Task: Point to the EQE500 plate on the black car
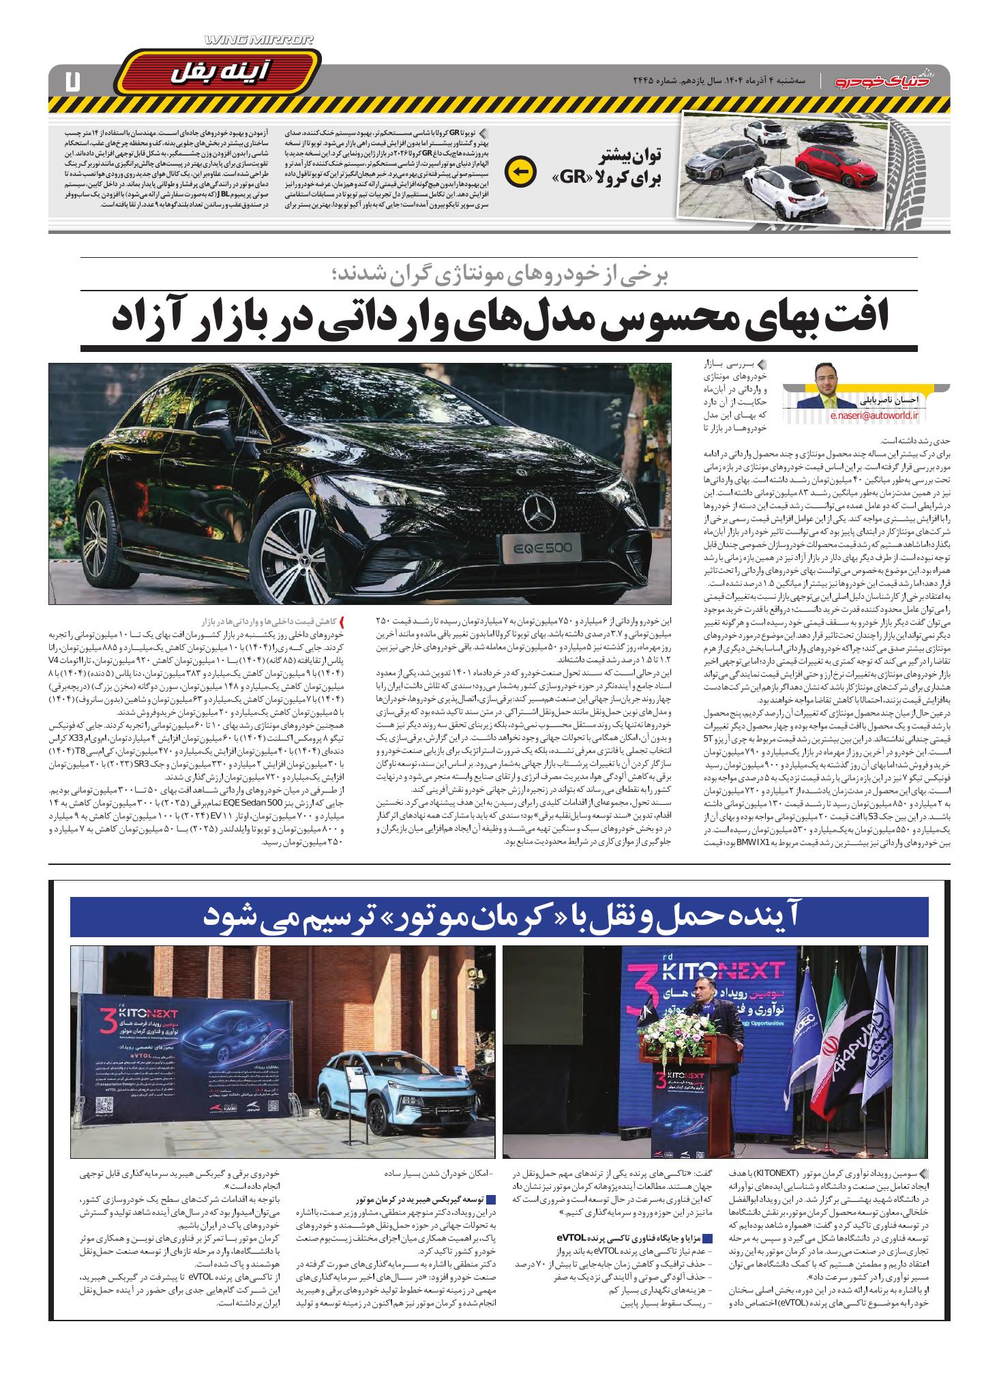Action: pos(538,546)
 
